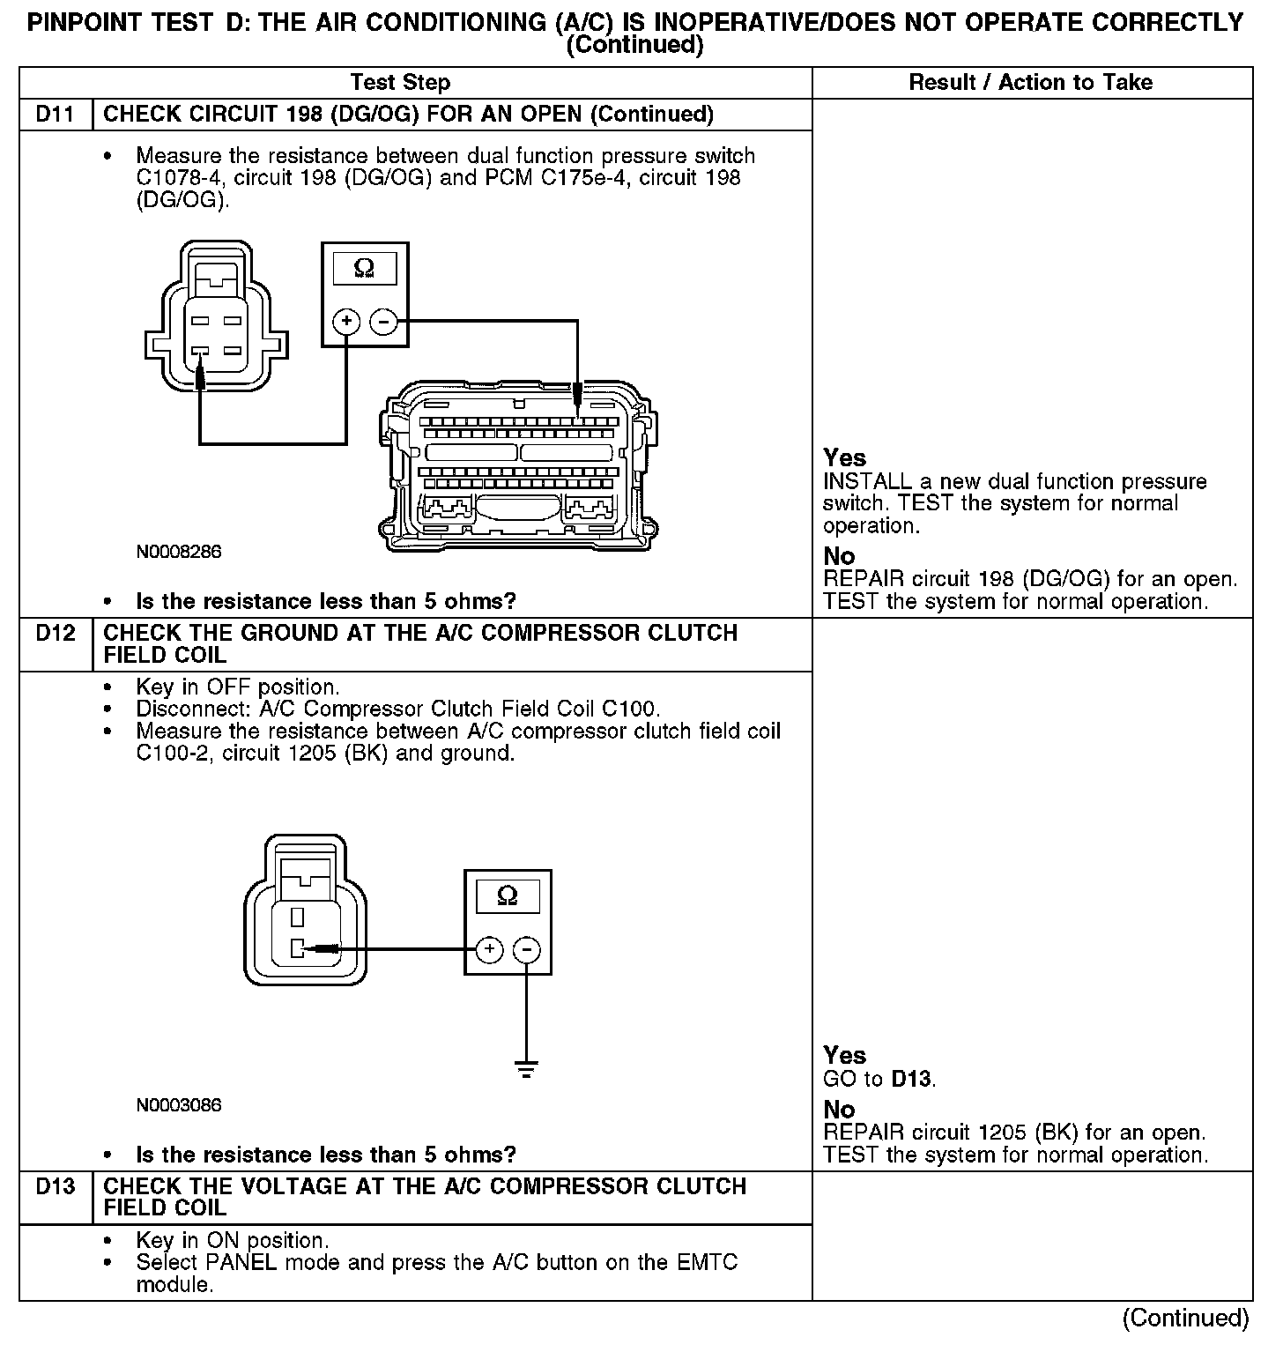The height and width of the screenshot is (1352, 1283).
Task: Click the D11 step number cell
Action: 56,115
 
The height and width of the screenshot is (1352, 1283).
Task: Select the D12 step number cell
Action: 56,634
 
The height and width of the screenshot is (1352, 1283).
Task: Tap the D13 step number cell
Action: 56,1187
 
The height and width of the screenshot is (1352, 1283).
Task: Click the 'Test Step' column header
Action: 400,83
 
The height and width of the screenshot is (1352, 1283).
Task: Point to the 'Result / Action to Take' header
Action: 1030,83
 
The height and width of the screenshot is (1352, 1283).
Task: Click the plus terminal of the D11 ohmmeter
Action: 346,322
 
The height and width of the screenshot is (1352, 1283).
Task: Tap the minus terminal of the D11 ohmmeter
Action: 382,322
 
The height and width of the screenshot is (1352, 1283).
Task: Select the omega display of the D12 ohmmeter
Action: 508,896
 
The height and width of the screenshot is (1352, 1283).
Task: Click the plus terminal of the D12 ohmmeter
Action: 489,949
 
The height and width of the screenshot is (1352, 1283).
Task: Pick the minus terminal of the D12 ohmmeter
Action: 526,949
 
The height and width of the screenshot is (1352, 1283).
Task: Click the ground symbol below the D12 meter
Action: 526,1071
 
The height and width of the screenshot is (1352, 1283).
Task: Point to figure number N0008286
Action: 179,553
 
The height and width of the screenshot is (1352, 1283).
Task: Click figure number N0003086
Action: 179,1105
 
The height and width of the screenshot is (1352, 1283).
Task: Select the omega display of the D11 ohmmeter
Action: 363,267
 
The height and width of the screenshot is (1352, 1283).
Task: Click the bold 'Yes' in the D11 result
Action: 844,457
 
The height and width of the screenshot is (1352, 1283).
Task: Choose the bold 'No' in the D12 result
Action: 839,1110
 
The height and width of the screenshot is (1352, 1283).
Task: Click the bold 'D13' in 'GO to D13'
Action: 911,1079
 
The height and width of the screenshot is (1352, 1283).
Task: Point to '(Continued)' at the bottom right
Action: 1185,1318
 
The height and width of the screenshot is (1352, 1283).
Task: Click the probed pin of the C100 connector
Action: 298,949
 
